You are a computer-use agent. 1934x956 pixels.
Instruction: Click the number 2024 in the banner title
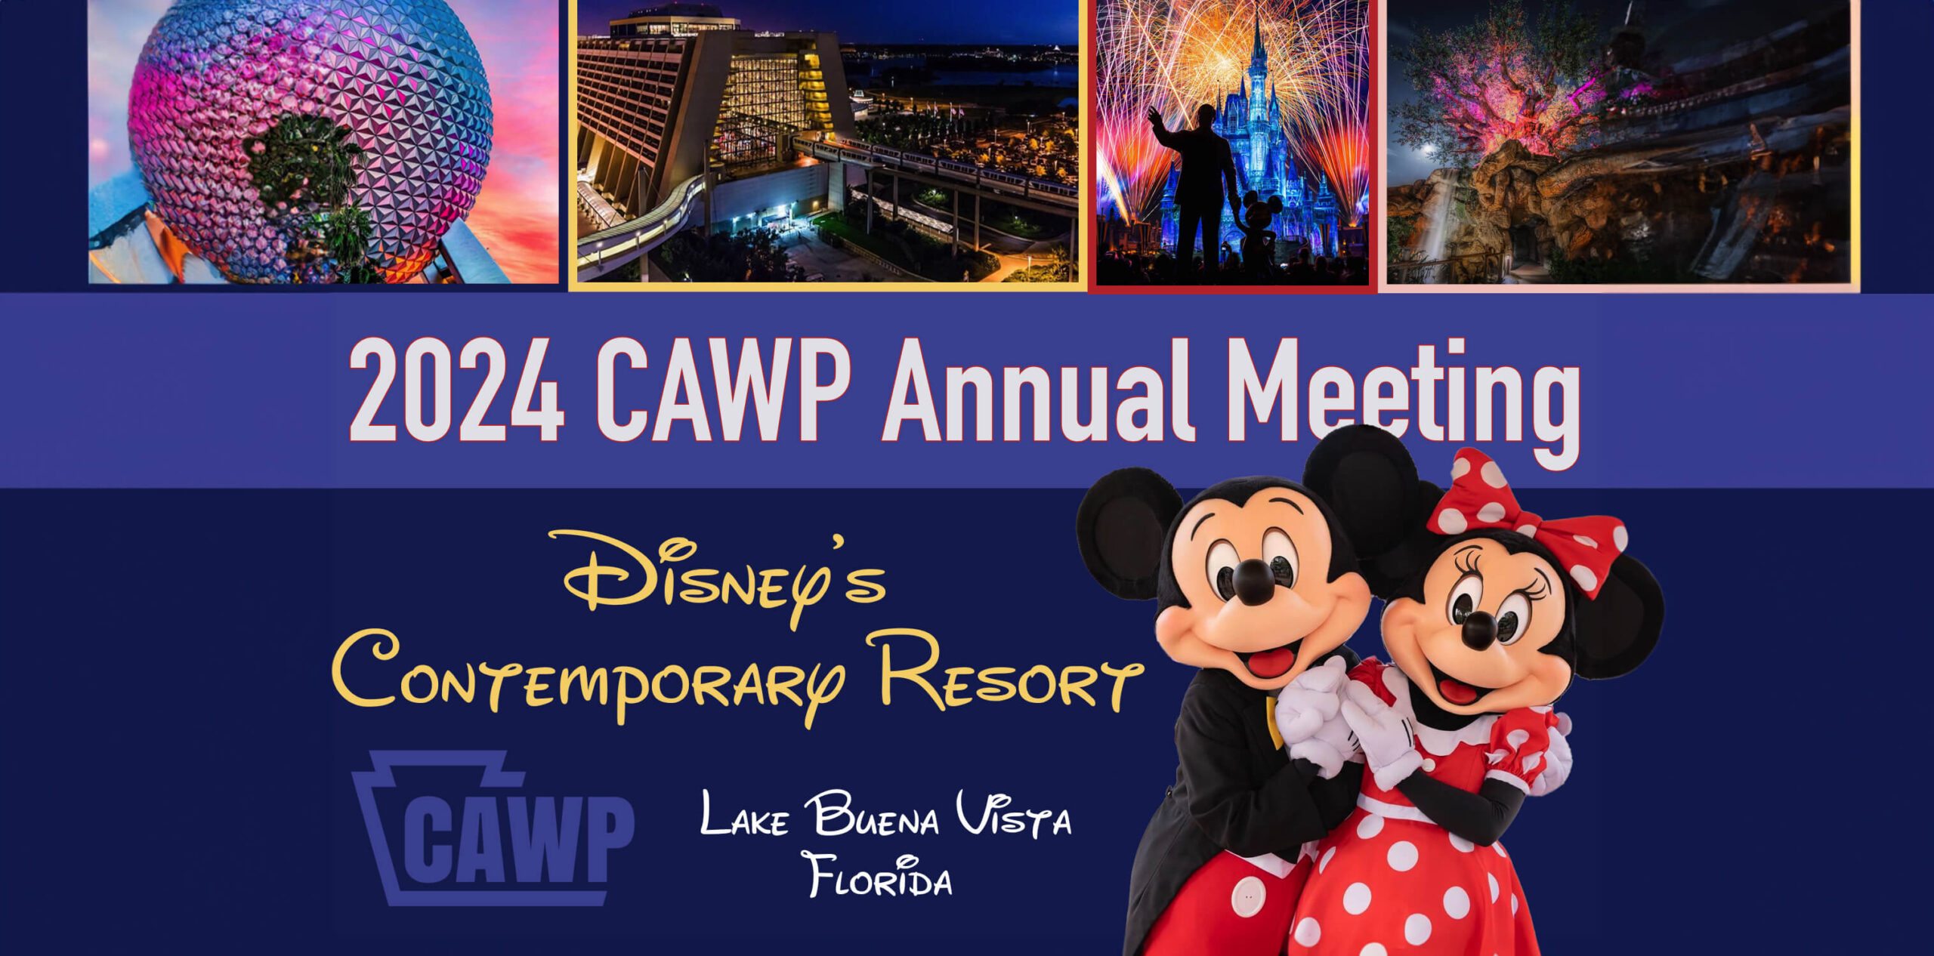[x=456, y=390]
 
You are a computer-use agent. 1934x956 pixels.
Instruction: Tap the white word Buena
[x=872, y=814]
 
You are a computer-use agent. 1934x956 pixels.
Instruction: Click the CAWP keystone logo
[x=493, y=828]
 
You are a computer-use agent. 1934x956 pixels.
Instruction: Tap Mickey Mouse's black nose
[x=1254, y=581]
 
